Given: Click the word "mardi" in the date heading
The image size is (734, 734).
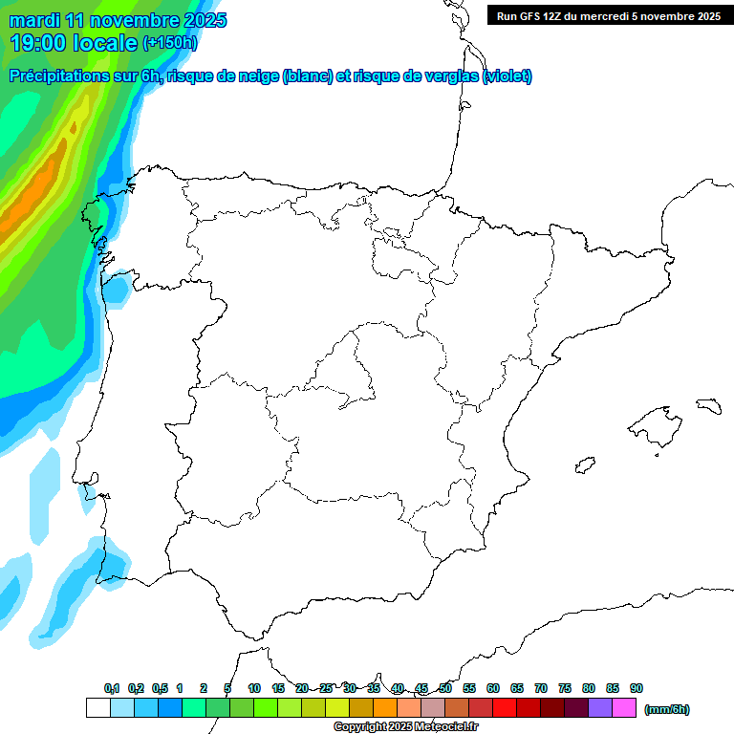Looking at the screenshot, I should pyautogui.click(x=33, y=20).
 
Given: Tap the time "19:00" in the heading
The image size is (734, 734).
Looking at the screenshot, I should pyautogui.click(x=39, y=42).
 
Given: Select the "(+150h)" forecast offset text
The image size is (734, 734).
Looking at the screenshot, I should pyautogui.click(x=169, y=42).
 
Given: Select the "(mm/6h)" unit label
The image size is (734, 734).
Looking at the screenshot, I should pyautogui.click(x=666, y=709).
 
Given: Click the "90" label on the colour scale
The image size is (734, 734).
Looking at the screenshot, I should pyautogui.click(x=637, y=688).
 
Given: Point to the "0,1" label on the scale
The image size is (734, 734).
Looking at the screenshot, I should pyautogui.click(x=112, y=688).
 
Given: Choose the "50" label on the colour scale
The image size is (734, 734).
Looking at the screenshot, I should pyautogui.click(x=445, y=688).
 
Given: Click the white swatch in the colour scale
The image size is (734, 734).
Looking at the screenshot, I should pyautogui.click(x=97, y=708).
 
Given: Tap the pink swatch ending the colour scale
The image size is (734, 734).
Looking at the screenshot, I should pyautogui.click(x=624, y=708).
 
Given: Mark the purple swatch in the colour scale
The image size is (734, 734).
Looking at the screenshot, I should pyautogui.click(x=600, y=708).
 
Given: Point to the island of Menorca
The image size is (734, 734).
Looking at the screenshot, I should pyautogui.click(x=708, y=405).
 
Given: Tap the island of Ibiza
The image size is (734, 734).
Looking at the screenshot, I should pyautogui.click(x=584, y=464).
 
